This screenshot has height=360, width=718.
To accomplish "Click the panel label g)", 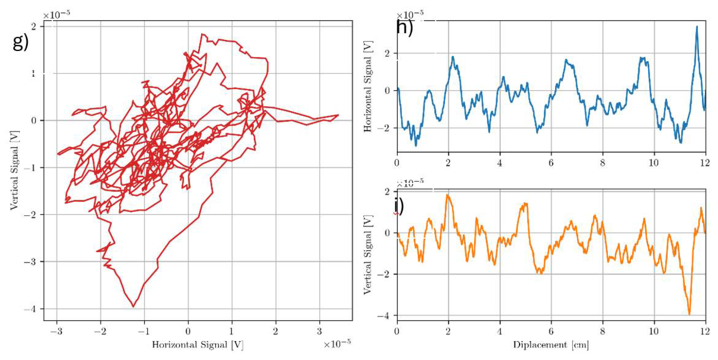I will [20, 43].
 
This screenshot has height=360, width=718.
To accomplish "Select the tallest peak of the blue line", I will [697, 27].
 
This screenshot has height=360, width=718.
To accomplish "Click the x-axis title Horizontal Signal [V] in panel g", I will [198, 345].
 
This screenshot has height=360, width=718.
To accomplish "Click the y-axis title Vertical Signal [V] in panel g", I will [14, 170].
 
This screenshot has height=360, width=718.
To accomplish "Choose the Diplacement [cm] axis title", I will [551, 345].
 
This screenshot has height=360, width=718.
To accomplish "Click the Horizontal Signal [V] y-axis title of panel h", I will [368, 86].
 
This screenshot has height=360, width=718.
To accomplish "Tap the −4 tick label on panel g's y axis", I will [30, 309].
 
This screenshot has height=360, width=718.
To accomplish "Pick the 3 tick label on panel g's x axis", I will [319, 331].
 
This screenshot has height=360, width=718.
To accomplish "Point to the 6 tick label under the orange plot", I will [551, 331].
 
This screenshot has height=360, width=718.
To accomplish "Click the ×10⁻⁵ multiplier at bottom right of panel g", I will [337, 344].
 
